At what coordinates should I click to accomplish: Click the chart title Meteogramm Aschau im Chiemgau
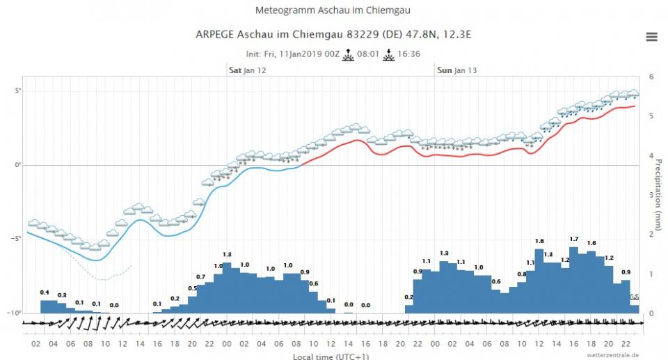click(333, 11)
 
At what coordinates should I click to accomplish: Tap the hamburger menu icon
click(651, 37)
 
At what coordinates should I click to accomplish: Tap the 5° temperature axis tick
click(19, 91)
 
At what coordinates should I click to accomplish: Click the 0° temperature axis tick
click(19, 165)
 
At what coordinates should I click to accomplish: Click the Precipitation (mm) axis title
click(659, 194)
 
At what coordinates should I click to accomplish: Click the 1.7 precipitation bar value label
click(574, 240)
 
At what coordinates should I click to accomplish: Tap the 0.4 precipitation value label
click(45, 292)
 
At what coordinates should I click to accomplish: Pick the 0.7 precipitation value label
click(200, 277)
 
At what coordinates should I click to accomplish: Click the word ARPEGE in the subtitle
click(215, 34)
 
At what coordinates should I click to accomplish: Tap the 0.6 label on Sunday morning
click(496, 281)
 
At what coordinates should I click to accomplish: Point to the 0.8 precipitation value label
click(522, 274)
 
